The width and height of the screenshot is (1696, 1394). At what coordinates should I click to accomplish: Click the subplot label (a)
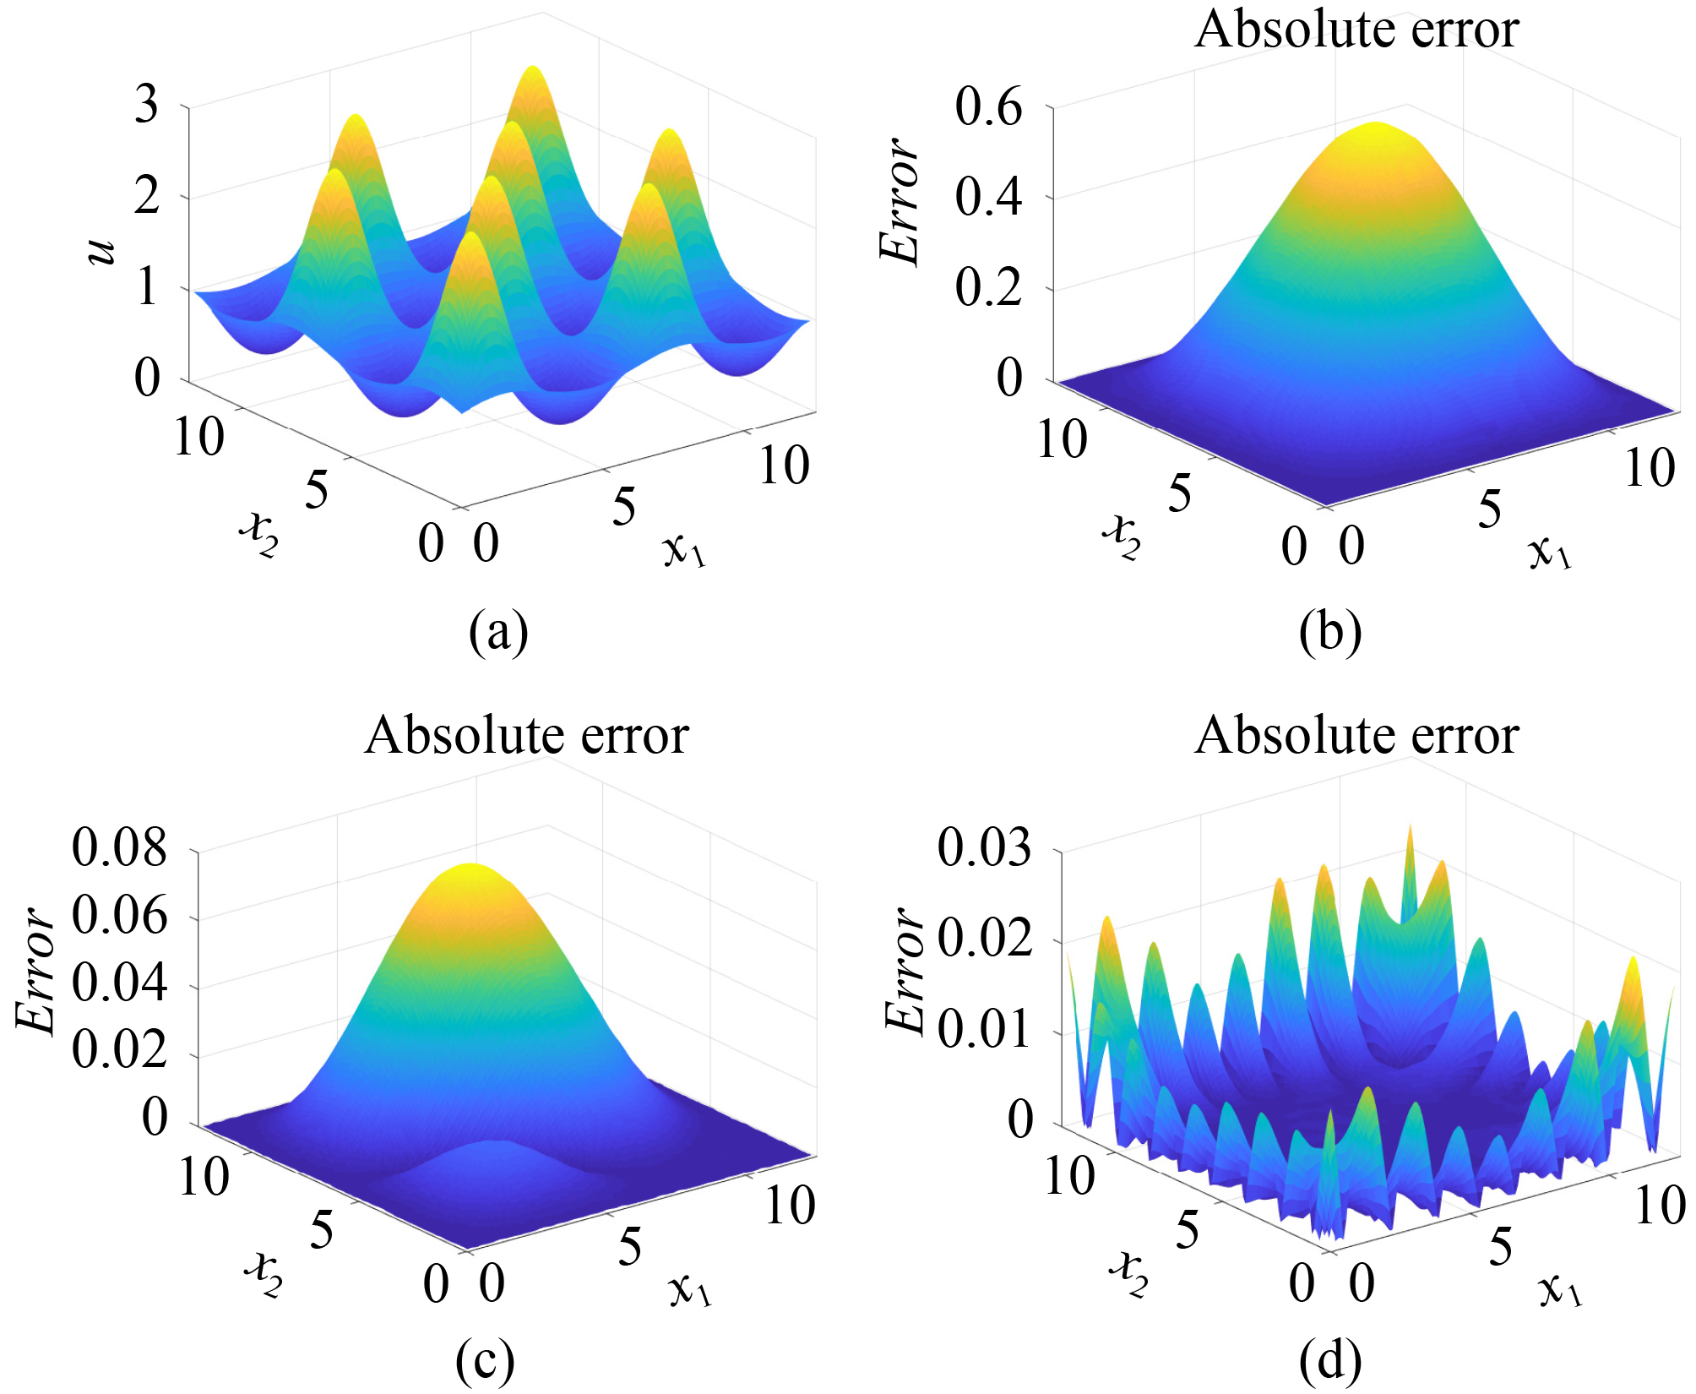(498, 632)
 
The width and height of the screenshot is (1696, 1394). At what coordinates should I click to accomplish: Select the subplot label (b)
(1330, 632)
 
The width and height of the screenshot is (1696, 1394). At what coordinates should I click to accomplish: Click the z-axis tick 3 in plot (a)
(147, 106)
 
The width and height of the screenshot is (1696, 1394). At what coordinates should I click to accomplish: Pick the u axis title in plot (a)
(101, 249)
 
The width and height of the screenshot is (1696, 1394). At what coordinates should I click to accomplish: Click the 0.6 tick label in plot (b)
(988, 107)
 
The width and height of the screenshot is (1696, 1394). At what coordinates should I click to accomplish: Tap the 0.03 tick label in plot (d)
(984, 847)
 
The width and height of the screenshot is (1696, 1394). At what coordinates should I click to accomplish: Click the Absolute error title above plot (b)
(1356, 30)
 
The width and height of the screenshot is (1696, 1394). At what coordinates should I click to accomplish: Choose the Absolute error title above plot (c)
(526, 735)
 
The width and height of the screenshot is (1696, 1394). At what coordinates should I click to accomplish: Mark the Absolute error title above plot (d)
(1356, 735)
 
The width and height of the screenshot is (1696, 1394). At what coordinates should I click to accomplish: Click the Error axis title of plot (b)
(900, 201)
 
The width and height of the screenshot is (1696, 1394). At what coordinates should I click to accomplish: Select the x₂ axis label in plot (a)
(258, 534)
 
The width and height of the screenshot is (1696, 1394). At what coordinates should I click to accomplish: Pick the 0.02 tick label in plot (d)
(984, 938)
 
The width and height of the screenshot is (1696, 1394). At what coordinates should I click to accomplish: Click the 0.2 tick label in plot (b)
(988, 288)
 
